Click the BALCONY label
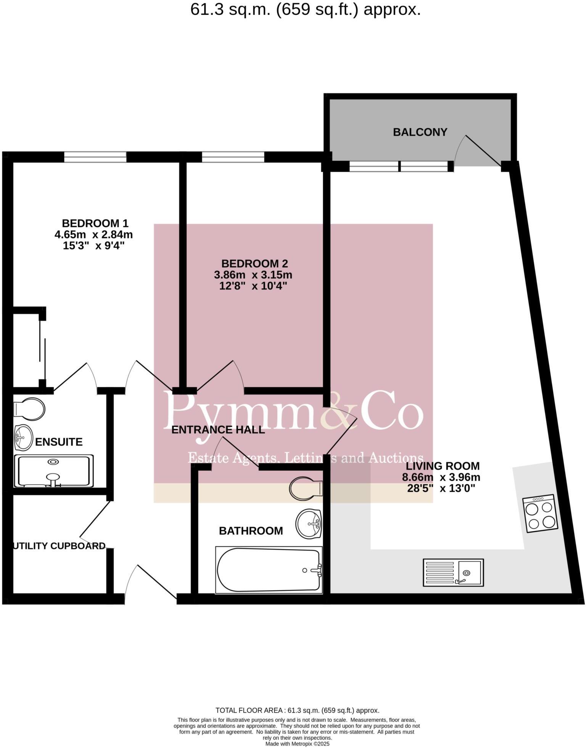pyautogui.click(x=420, y=132)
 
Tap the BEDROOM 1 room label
pyautogui.click(x=95, y=223)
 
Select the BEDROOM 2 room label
pyautogui.click(x=254, y=263)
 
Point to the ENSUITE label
pyautogui.click(x=59, y=442)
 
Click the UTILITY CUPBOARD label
pyautogui.click(x=59, y=546)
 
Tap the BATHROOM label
pyautogui.click(x=251, y=531)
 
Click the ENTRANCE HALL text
pyautogui.click(x=218, y=430)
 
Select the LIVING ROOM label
pyautogui.click(x=443, y=466)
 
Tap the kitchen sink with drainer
pyautogui.click(x=453, y=572)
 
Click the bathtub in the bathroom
pyautogui.click(x=269, y=570)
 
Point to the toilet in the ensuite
pyautogui.click(x=29, y=409)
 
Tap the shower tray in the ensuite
pyautogui.click(x=53, y=471)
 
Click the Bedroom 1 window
pyautogui.click(x=95, y=157)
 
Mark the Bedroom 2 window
pyautogui.click(x=233, y=157)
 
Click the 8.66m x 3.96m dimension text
pyautogui.click(x=441, y=477)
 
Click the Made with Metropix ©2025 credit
pyautogui.click(x=297, y=744)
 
